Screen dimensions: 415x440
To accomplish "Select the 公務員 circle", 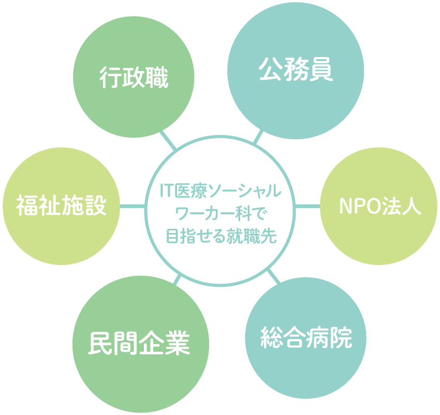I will [296, 70].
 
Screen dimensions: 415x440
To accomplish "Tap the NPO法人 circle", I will [378, 206].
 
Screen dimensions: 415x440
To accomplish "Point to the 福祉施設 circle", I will [62, 206].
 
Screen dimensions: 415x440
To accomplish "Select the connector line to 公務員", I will [258, 137].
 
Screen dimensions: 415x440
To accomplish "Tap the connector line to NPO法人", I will [307, 206].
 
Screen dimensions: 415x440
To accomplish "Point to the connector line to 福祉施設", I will [133, 206].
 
